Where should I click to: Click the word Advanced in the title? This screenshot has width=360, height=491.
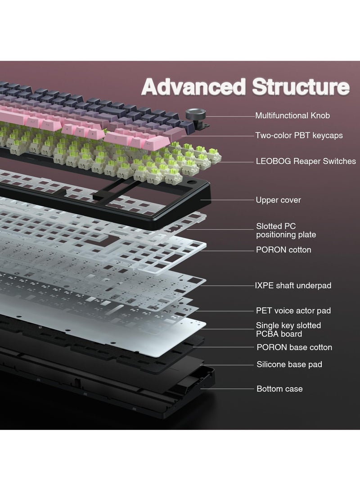(x=189, y=87)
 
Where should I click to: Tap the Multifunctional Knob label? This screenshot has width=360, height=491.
(x=292, y=116)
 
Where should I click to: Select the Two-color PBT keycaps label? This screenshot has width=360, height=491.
(x=299, y=135)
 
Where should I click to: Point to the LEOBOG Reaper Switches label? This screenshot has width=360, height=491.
(x=306, y=161)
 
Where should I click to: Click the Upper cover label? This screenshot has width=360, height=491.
(x=278, y=200)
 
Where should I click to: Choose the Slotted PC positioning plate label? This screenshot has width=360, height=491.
(x=286, y=230)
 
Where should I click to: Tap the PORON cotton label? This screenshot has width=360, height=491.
(x=283, y=250)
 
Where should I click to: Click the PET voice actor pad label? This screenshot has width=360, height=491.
(x=293, y=311)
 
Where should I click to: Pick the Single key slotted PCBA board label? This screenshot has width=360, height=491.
(x=288, y=329)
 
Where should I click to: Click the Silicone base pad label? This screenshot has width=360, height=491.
(x=289, y=365)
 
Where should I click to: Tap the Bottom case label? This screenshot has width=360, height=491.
(x=279, y=388)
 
